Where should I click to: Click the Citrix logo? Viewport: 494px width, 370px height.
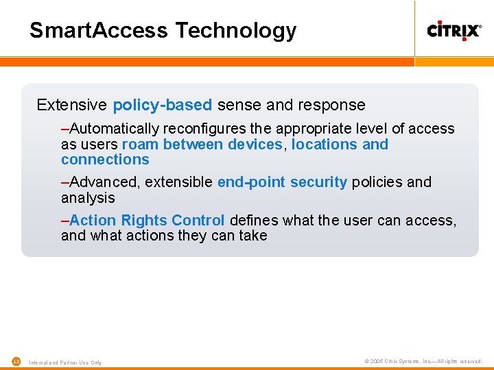[x=454, y=30]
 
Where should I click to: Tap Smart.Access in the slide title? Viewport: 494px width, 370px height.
[x=98, y=31]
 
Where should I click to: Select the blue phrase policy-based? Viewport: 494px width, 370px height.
[x=163, y=105]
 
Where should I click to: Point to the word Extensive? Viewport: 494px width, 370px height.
[x=72, y=105]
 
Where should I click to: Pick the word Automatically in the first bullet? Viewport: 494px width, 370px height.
[x=114, y=129]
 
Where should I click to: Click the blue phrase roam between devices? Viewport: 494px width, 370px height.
[x=202, y=145]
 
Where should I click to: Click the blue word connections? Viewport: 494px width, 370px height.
[x=105, y=160]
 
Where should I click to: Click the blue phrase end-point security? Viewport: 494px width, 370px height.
[x=282, y=182]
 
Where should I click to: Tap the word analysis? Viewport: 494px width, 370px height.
[x=88, y=198]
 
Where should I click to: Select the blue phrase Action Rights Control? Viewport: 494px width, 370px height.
[x=147, y=221]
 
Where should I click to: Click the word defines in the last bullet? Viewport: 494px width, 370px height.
[x=254, y=221]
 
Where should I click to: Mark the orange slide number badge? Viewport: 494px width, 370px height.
[x=16, y=361]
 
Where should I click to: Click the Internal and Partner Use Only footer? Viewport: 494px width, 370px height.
[x=65, y=362]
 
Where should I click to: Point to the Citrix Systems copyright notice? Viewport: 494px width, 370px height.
[x=423, y=361]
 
